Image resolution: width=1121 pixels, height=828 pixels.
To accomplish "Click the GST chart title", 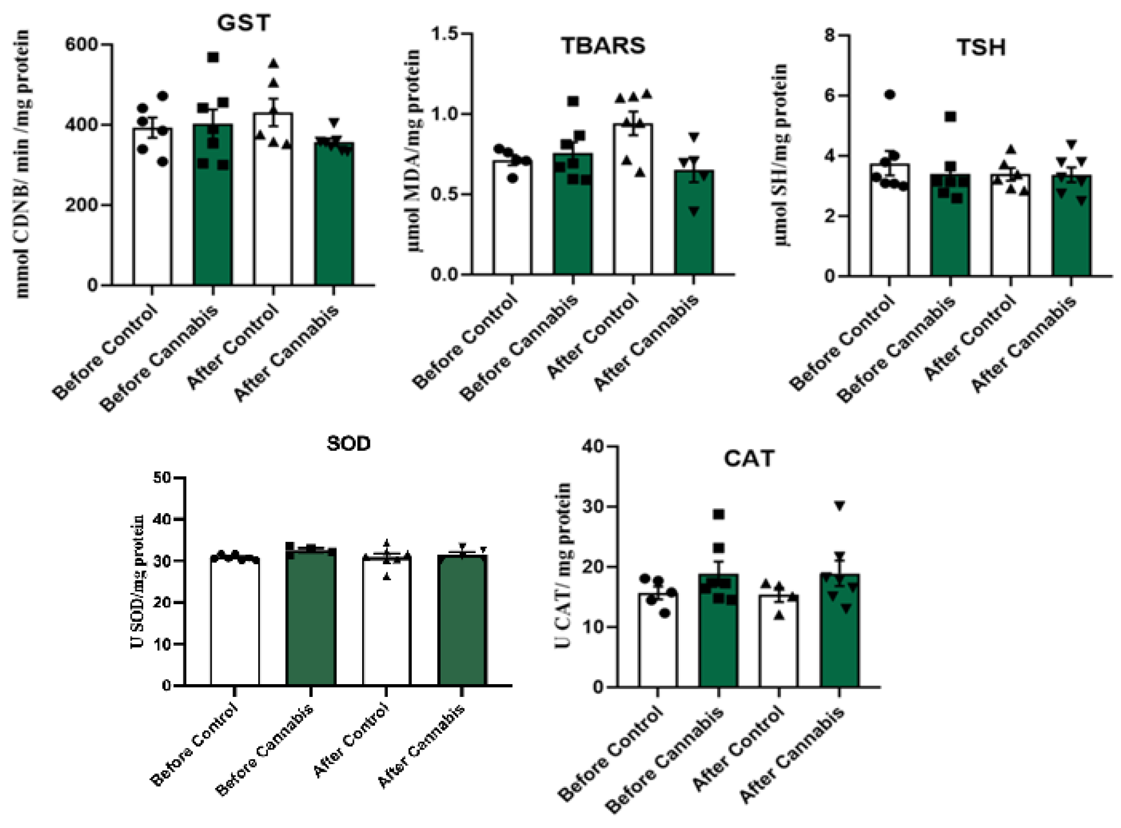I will pos(243,23).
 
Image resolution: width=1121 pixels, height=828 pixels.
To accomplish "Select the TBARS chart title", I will pos(603,46).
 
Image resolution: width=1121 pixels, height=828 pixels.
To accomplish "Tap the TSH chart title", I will pos(980,48).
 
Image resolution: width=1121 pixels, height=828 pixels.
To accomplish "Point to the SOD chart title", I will pos(348,444).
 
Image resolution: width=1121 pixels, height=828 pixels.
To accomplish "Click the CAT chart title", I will pos(748,459).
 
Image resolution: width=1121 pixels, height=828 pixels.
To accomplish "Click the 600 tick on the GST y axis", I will pos(82,44).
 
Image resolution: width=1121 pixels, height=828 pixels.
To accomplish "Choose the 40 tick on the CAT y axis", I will pos(593,446).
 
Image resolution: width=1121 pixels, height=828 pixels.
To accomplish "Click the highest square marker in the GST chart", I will pos(213,57).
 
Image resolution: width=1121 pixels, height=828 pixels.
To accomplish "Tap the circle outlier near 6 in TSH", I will pos(889,95).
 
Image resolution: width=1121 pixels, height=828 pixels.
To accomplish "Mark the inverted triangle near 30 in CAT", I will pos(839,506).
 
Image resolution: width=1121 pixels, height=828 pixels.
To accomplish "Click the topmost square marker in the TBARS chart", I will pos(573,101).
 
